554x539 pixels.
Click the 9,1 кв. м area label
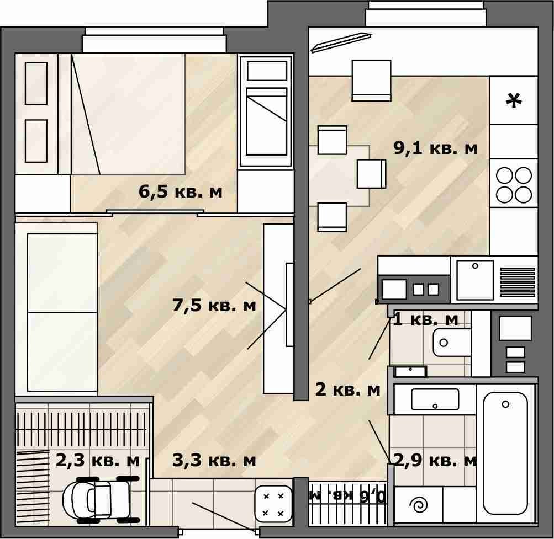[x=435, y=148]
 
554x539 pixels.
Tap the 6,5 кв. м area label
[x=181, y=191]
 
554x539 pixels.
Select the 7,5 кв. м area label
[x=214, y=305]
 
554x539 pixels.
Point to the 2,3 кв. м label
[x=98, y=461]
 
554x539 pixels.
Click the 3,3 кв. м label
[x=214, y=461]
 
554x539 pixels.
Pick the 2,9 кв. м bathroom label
[x=435, y=461]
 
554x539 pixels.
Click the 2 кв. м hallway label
[x=347, y=389]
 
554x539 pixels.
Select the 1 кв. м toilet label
[x=425, y=319]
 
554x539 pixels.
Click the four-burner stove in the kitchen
[x=514, y=185]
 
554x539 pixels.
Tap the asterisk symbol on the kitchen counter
[x=514, y=100]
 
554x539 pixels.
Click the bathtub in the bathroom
[x=505, y=453]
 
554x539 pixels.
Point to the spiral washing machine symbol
[x=419, y=505]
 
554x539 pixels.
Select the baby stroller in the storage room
[x=102, y=499]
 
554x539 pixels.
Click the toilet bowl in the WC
[x=452, y=342]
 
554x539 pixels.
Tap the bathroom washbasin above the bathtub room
[x=435, y=399]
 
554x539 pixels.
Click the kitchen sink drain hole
[x=475, y=266]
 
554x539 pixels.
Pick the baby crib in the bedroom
[x=266, y=111]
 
